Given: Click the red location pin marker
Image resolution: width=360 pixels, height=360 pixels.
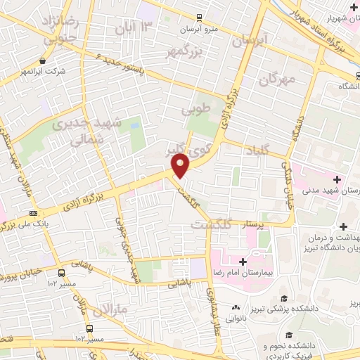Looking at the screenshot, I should (181, 166).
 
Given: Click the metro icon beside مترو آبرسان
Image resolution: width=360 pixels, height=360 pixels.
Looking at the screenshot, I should (200, 16).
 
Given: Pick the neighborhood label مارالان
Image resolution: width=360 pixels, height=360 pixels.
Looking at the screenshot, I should (112, 307).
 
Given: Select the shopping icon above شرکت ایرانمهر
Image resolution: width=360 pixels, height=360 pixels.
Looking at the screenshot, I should (44, 61).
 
